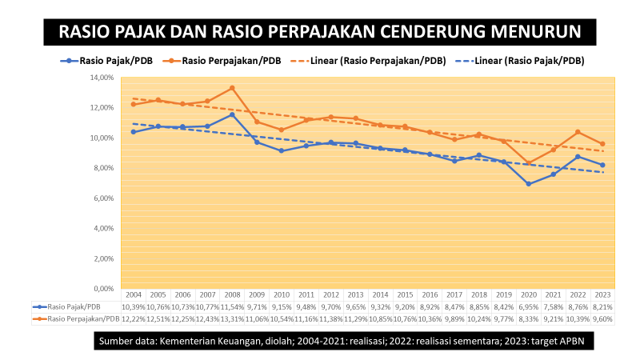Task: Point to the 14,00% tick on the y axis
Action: click(102, 78)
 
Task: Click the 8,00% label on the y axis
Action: click(103, 168)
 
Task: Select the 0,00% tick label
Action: click(103, 289)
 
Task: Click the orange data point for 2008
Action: click(232, 88)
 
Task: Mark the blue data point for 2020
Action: click(529, 184)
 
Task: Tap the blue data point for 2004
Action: click(133, 132)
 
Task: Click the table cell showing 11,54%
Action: click(232, 306)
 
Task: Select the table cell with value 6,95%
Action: click(529, 306)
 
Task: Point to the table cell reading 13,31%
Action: click(232, 318)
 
